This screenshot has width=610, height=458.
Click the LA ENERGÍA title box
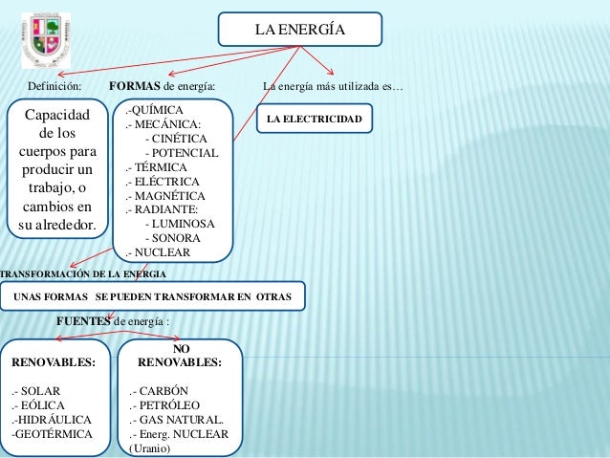(x=299, y=29)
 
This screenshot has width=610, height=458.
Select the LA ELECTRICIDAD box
(x=314, y=120)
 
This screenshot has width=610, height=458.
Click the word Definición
(x=54, y=87)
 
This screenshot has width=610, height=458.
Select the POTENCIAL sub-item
(x=181, y=153)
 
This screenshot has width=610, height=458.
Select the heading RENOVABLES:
(x=54, y=363)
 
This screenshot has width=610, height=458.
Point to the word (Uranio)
(x=148, y=448)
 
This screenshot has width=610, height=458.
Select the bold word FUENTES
(x=84, y=321)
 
